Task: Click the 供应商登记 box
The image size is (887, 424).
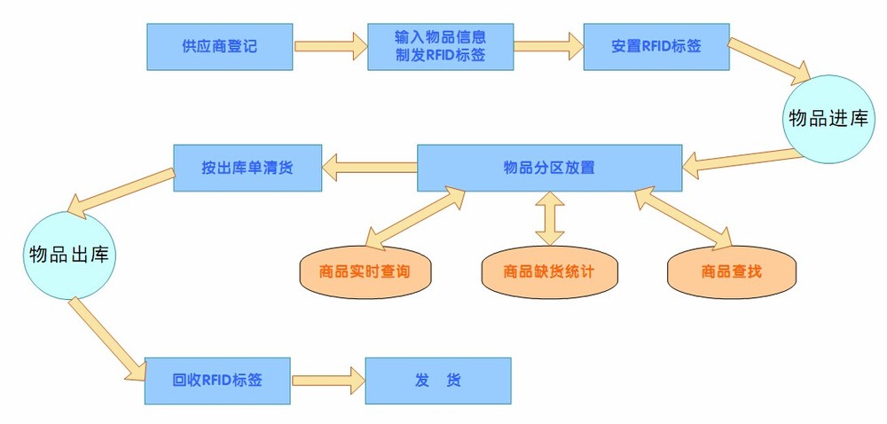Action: tap(219, 46)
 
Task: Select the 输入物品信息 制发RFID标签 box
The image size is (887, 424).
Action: tap(441, 47)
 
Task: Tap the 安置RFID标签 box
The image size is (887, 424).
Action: tap(656, 46)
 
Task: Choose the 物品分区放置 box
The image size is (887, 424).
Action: tap(549, 166)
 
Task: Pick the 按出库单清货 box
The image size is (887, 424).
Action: tap(247, 167)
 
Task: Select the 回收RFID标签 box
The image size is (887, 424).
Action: tap(218, 381)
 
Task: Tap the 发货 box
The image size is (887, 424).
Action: tap(438, 381)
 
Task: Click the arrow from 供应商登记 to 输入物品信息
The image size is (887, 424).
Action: tap(330, 46)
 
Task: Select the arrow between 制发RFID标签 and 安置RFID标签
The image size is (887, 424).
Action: tap(547, 46)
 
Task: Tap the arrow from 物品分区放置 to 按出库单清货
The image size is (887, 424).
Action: tap(368, 163)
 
